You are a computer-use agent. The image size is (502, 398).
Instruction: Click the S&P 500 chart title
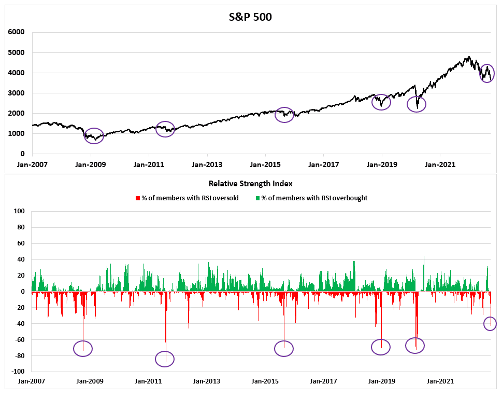coord(251,17)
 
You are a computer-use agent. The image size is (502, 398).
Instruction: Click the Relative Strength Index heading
coord(251,183)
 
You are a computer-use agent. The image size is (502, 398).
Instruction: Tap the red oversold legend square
coord(137,198)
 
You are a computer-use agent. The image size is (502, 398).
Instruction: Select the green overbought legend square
coord(257,198)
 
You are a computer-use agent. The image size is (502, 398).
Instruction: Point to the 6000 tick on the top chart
coord(17,32)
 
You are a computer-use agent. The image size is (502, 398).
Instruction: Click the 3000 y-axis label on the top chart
coord(17,93)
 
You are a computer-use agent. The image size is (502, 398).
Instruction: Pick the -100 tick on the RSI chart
coord(19,372)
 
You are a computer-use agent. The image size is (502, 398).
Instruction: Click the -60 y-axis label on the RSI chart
coord(20,339)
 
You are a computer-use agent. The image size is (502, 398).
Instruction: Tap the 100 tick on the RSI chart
coord(20,211)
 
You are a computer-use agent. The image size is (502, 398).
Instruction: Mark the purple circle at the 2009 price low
coord(94,136)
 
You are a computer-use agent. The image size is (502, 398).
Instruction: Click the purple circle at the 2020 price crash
coord(417,104)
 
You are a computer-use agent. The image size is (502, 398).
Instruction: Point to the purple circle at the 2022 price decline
coord(486,73)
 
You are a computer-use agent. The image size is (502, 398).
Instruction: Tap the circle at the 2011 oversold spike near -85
coord(165,359)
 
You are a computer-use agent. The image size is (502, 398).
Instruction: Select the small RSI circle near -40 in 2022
coord(490,324)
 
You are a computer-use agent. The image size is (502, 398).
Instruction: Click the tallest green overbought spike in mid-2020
coord(424,256)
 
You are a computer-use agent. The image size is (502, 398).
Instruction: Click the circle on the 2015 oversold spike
coord(284,349)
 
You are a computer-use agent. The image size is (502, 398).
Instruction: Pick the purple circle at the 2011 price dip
coord(165,129)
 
